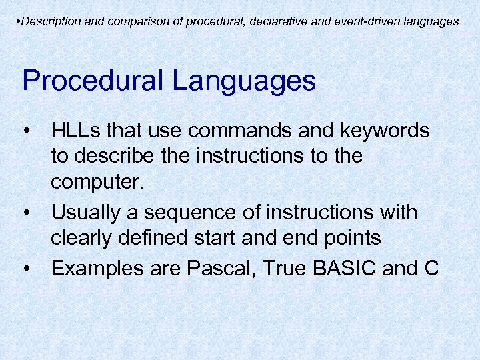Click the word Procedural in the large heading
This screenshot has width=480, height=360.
(x=93, y=81)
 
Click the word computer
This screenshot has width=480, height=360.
(x=97, y=183)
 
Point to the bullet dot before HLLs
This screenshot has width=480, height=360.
(x=27, y=131)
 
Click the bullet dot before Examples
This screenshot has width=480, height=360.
(x=27, y=268)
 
